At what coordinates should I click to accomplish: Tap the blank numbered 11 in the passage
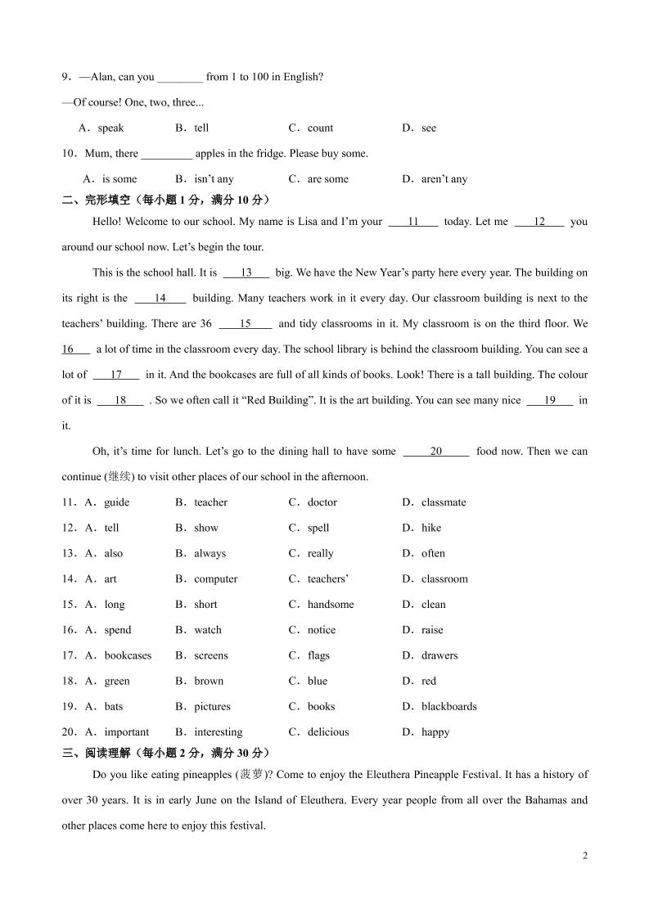(412, 222)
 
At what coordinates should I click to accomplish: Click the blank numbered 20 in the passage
(436, 452)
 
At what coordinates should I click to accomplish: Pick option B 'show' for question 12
(206, 528)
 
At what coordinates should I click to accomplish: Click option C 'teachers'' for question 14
(327, 579)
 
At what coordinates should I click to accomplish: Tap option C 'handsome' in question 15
(331, 605)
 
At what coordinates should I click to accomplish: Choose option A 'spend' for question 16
(117, 630)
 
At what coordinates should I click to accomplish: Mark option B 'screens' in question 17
(211, 655)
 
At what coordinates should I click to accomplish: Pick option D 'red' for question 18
(429, 681)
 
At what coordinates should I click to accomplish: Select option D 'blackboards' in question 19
(448, 707)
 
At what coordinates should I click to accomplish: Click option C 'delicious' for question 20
(327, 732)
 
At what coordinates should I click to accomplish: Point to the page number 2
(584, 857)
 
